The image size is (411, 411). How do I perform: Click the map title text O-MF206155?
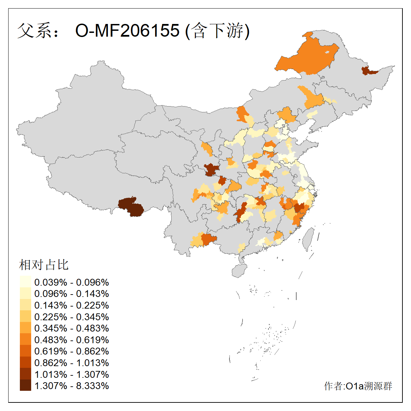[127, 30]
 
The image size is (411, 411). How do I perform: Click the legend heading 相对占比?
[44, 265]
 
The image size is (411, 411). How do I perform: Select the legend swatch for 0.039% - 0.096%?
[25, 282]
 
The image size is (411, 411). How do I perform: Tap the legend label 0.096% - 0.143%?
[72, 294]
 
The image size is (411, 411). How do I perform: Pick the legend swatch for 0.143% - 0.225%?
[25, 305]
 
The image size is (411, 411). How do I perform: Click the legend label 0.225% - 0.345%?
[72, 317]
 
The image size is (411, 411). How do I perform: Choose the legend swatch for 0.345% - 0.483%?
[25, 328]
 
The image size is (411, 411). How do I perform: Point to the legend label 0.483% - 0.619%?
[72, 340]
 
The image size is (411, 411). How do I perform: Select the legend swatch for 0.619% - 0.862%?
[25, 351]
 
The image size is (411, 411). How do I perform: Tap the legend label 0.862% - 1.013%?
[72, 363]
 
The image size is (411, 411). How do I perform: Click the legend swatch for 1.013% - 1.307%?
[25, 374]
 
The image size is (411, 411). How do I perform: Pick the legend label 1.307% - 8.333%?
[72, 386]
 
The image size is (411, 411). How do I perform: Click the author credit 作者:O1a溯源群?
[358, 386]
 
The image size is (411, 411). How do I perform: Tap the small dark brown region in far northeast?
[368, 71]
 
